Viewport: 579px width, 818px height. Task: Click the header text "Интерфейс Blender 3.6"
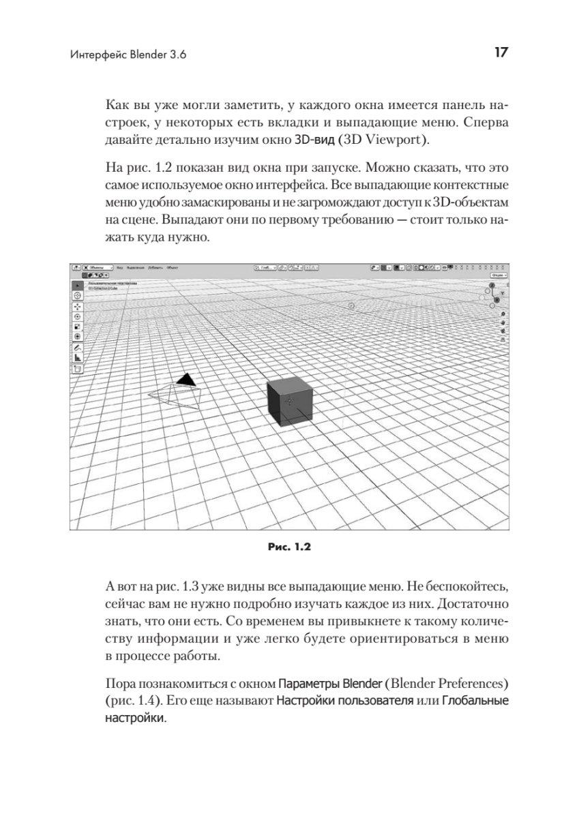[x=128, y=55]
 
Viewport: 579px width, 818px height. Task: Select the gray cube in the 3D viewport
[x=290, y=403]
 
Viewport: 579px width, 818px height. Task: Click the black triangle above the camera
[x=184, y=379]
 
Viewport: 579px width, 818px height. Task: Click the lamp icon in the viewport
[x=351, y=307]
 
